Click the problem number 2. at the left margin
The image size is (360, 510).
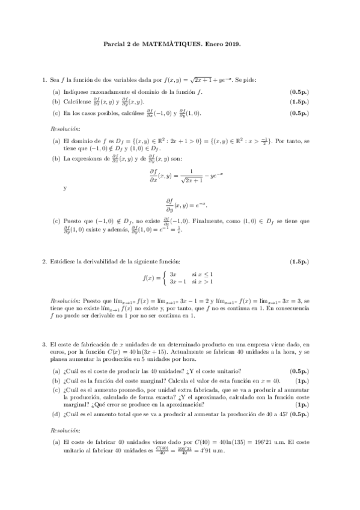[44, 262]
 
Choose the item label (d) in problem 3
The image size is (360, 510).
[56, 414]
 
